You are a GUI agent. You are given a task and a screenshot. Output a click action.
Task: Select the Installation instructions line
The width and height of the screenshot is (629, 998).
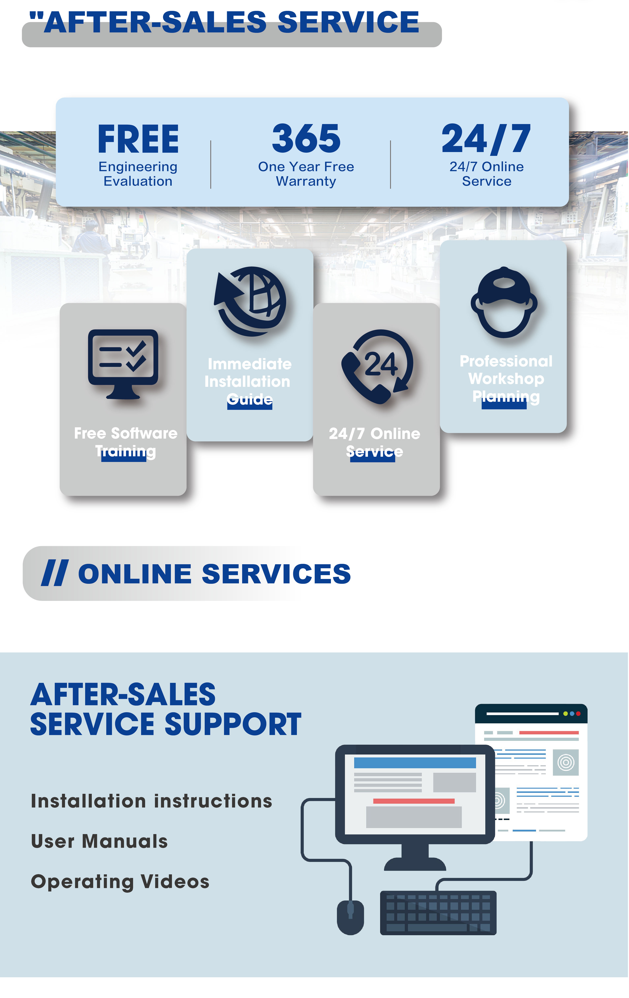click(152, 801)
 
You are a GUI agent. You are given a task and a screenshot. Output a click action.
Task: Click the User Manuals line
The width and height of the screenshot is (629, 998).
click(99, 841)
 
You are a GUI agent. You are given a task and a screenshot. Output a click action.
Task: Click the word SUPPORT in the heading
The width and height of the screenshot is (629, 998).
click(233, 725)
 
